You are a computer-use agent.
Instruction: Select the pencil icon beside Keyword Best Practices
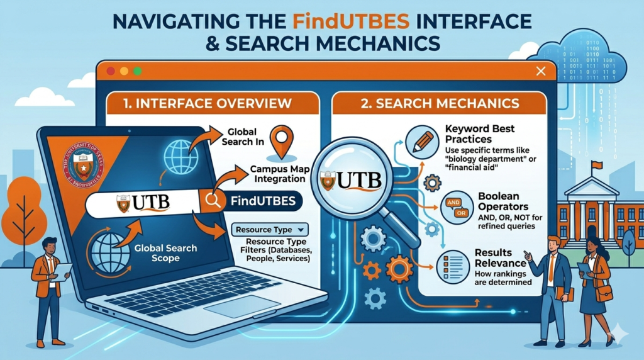(x=422, y=142)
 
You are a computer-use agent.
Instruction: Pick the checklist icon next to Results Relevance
(x=450, y=264)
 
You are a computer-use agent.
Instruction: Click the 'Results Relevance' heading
(x=501, y=257)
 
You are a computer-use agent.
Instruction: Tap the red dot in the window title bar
(x=111, y=71)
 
